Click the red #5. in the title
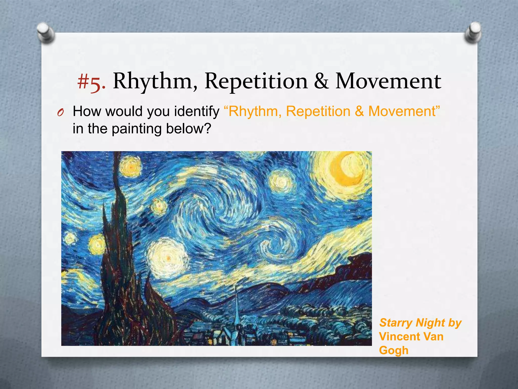[x=91, y=82]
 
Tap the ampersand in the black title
[x=321, y=81]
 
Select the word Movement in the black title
[x=388, y=81]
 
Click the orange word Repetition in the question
[x=318, y=111]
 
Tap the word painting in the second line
[x=137, y=129]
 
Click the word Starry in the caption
[x=396, y=323]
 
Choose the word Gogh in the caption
[x=394, y=350]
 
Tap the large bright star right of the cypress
[x=168, y=258]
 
